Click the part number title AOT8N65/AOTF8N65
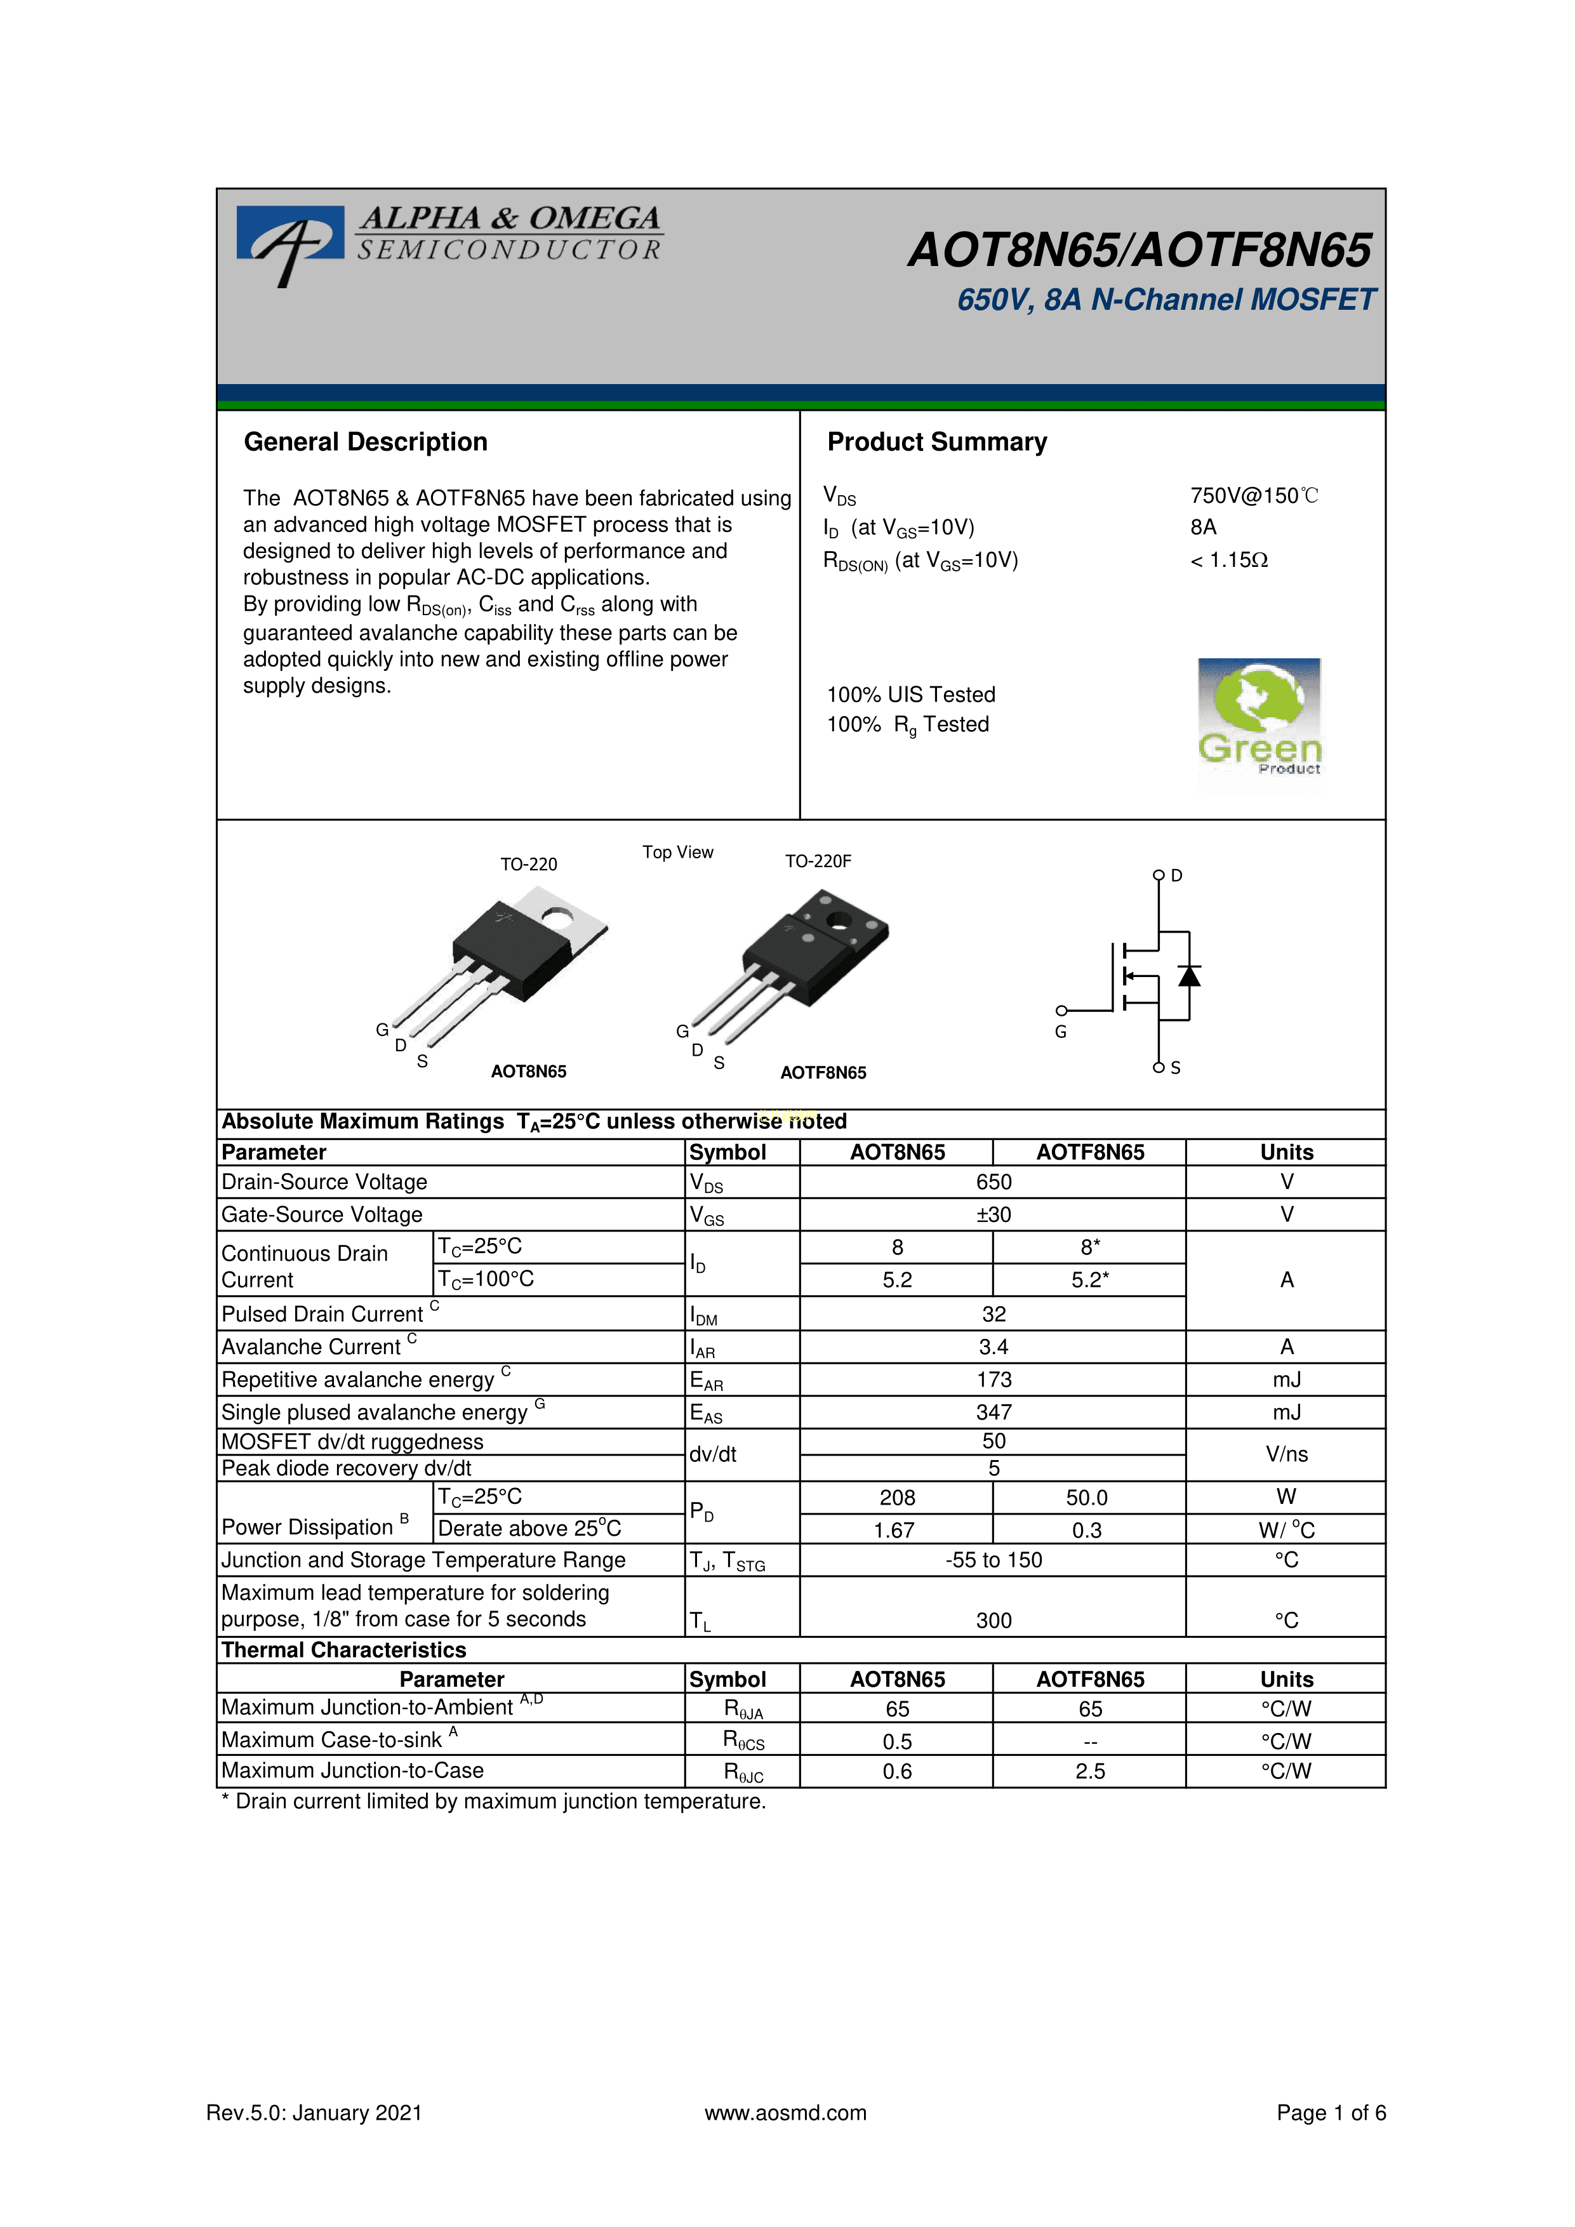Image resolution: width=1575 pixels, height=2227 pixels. coord(1140,250)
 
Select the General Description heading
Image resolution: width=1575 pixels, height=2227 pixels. coord(366,442)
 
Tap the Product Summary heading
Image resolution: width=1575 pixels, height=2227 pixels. coord(937,442)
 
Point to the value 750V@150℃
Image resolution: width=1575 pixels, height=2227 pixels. coord(1254,496)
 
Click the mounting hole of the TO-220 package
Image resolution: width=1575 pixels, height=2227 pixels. coord(557,915)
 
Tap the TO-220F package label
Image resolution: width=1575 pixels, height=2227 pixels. coord(818,861)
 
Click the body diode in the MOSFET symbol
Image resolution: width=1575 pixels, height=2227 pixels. coord(1189,976)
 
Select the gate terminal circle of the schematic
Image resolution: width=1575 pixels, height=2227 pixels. coord(1062,1011)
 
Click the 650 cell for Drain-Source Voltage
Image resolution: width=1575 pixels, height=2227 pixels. coord(993,1182)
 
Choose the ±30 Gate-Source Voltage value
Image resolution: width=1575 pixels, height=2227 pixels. coord(993,1215)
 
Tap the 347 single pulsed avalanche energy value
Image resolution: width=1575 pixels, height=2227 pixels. coord(993,1413)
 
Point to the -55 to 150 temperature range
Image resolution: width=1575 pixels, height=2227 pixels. coord(993,1560)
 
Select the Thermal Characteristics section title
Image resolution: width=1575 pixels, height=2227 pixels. coord(343,1651)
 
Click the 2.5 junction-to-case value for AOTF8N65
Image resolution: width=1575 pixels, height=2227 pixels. coord(1090,1772)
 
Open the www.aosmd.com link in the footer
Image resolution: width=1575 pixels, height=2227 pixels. coord(785,2113)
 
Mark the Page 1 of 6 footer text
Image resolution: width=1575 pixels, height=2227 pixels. coord(1331,2113)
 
